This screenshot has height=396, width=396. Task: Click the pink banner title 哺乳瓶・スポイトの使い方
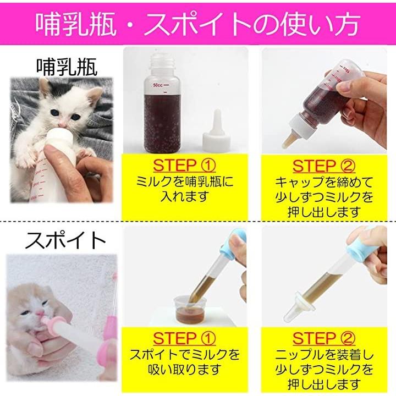[198, 24]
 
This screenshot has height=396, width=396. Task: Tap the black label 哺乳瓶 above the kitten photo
[67, 67]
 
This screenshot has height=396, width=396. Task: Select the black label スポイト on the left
[65, 240]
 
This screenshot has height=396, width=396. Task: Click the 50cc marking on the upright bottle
[158, 85]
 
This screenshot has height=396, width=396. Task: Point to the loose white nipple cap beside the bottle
[216, 131]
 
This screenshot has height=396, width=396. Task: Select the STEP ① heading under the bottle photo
[184, 166]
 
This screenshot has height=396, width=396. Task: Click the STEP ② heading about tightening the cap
[324, 166]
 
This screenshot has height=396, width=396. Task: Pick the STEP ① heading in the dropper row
[184, 338]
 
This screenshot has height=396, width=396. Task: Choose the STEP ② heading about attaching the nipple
[324, 338]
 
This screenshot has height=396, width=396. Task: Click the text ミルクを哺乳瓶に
[185, 182]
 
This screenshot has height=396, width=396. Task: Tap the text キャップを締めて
[324, 182]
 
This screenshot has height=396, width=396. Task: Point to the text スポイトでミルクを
[185, 355]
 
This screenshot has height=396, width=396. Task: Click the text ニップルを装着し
[324, 355]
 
